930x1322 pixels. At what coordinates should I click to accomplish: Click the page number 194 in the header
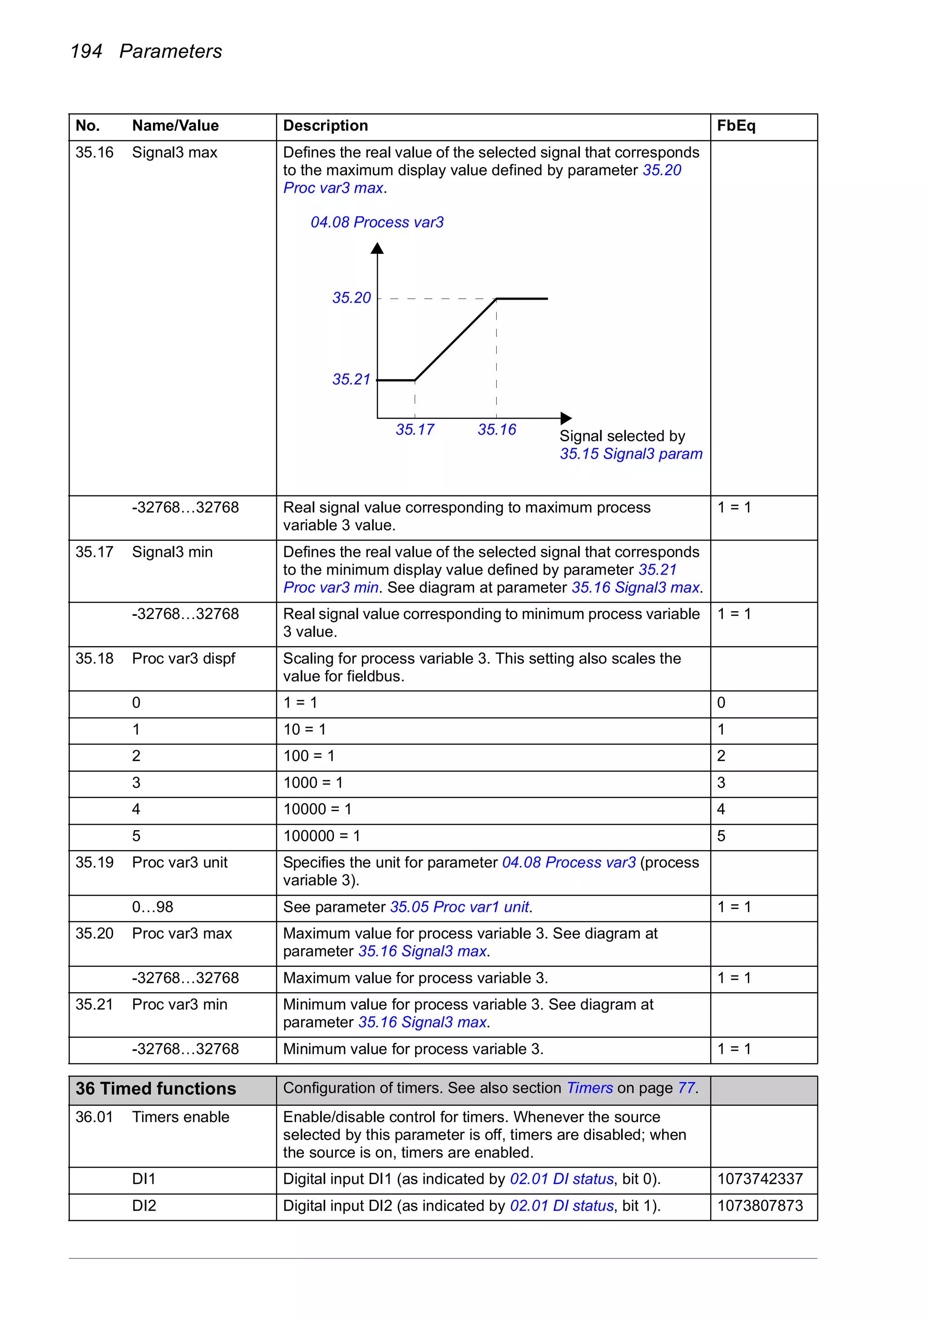[x=86, y=51]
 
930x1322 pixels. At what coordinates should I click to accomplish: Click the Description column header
[x=325, y=125]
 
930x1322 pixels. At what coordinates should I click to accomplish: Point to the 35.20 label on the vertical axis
[x=351, y=297]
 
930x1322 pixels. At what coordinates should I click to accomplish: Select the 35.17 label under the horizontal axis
[x=415, y=430]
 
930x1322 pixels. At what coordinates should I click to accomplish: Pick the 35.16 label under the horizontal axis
[x=496, y=430]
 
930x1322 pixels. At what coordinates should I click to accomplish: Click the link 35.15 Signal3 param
[x=631, y=454]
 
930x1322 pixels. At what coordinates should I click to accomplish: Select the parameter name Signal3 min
[x=172, y=552]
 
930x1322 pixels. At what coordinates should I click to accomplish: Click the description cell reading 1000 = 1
[x=313, y=782]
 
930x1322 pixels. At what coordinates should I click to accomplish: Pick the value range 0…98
[x=153, y=907]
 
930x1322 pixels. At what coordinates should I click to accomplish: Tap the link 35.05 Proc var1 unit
[x=459, y=907]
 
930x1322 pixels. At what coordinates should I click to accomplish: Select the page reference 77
[x=686, y=1088]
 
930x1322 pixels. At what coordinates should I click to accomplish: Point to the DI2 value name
[x=144, y=1206]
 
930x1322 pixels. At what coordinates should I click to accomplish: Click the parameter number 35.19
[x=94, y=862]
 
